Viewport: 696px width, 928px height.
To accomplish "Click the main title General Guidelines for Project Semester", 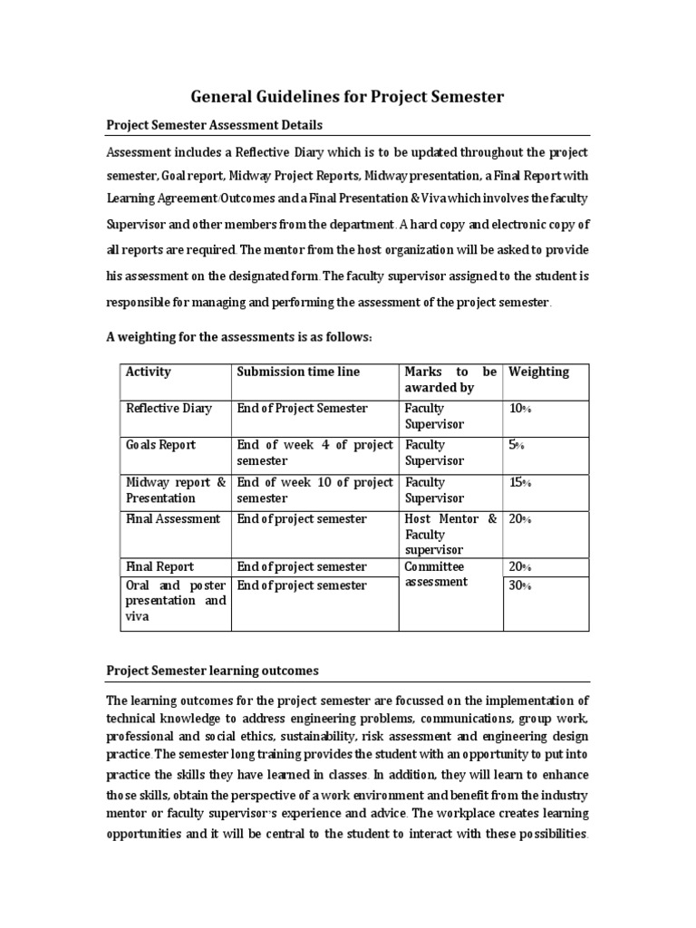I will [347, 96].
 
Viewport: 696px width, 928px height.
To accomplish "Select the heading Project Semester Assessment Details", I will [214, 125].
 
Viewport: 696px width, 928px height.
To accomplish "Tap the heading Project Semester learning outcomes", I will [212, 671].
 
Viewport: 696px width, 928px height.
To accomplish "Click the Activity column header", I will [149, 372].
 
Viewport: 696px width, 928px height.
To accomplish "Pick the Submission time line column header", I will [298, 372].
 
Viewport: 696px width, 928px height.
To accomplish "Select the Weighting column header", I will [539, 372].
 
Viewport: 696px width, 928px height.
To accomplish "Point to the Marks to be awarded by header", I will [450, 380].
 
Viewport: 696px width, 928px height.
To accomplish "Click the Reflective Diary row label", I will [169, 408].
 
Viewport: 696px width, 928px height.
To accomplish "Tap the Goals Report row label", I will [160, 445].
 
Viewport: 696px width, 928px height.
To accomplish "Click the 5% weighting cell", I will [517, 445].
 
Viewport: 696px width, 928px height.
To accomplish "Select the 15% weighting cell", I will [520, 482].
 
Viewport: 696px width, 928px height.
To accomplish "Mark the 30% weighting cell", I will [521, 586].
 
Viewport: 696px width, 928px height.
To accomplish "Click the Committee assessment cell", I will [436, 575].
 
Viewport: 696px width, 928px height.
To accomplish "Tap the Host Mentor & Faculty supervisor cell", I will [450, 534].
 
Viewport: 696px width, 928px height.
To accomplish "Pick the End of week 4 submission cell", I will [314, 452].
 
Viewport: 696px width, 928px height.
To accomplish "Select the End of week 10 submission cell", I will [314, 489].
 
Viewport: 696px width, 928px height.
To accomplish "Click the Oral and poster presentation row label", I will [176, 601].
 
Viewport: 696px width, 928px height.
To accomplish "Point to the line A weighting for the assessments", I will [240, 337].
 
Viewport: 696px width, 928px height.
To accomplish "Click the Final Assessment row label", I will [172, 519].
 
